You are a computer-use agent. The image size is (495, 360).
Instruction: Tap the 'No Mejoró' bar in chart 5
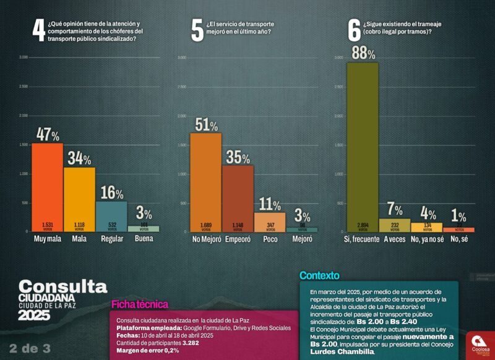[x=205, y=182]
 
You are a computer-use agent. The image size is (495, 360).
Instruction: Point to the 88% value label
[x=363, y=53]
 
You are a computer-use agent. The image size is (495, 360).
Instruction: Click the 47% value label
[x=48, y=134]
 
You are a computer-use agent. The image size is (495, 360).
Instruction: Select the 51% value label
[x=205, y=124]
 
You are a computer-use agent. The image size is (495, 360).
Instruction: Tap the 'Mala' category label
[x=79, y=239]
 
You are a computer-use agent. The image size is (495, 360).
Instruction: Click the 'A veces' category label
[x=394, y=239]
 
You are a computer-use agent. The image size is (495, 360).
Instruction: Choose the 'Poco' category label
[x=270, y=239]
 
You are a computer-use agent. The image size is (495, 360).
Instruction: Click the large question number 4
[x=38, y=31]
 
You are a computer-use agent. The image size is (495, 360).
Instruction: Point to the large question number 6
[x=354, y=31]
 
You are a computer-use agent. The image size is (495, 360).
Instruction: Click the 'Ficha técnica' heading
[x=139, y=304]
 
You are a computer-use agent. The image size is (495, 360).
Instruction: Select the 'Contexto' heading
[x=319, y=275]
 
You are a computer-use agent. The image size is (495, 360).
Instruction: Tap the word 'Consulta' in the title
[x=62, y=286]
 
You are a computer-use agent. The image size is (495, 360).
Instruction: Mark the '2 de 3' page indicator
[x=30, y=348]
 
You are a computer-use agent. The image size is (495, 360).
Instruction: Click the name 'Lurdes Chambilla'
[x=342, y=351]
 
